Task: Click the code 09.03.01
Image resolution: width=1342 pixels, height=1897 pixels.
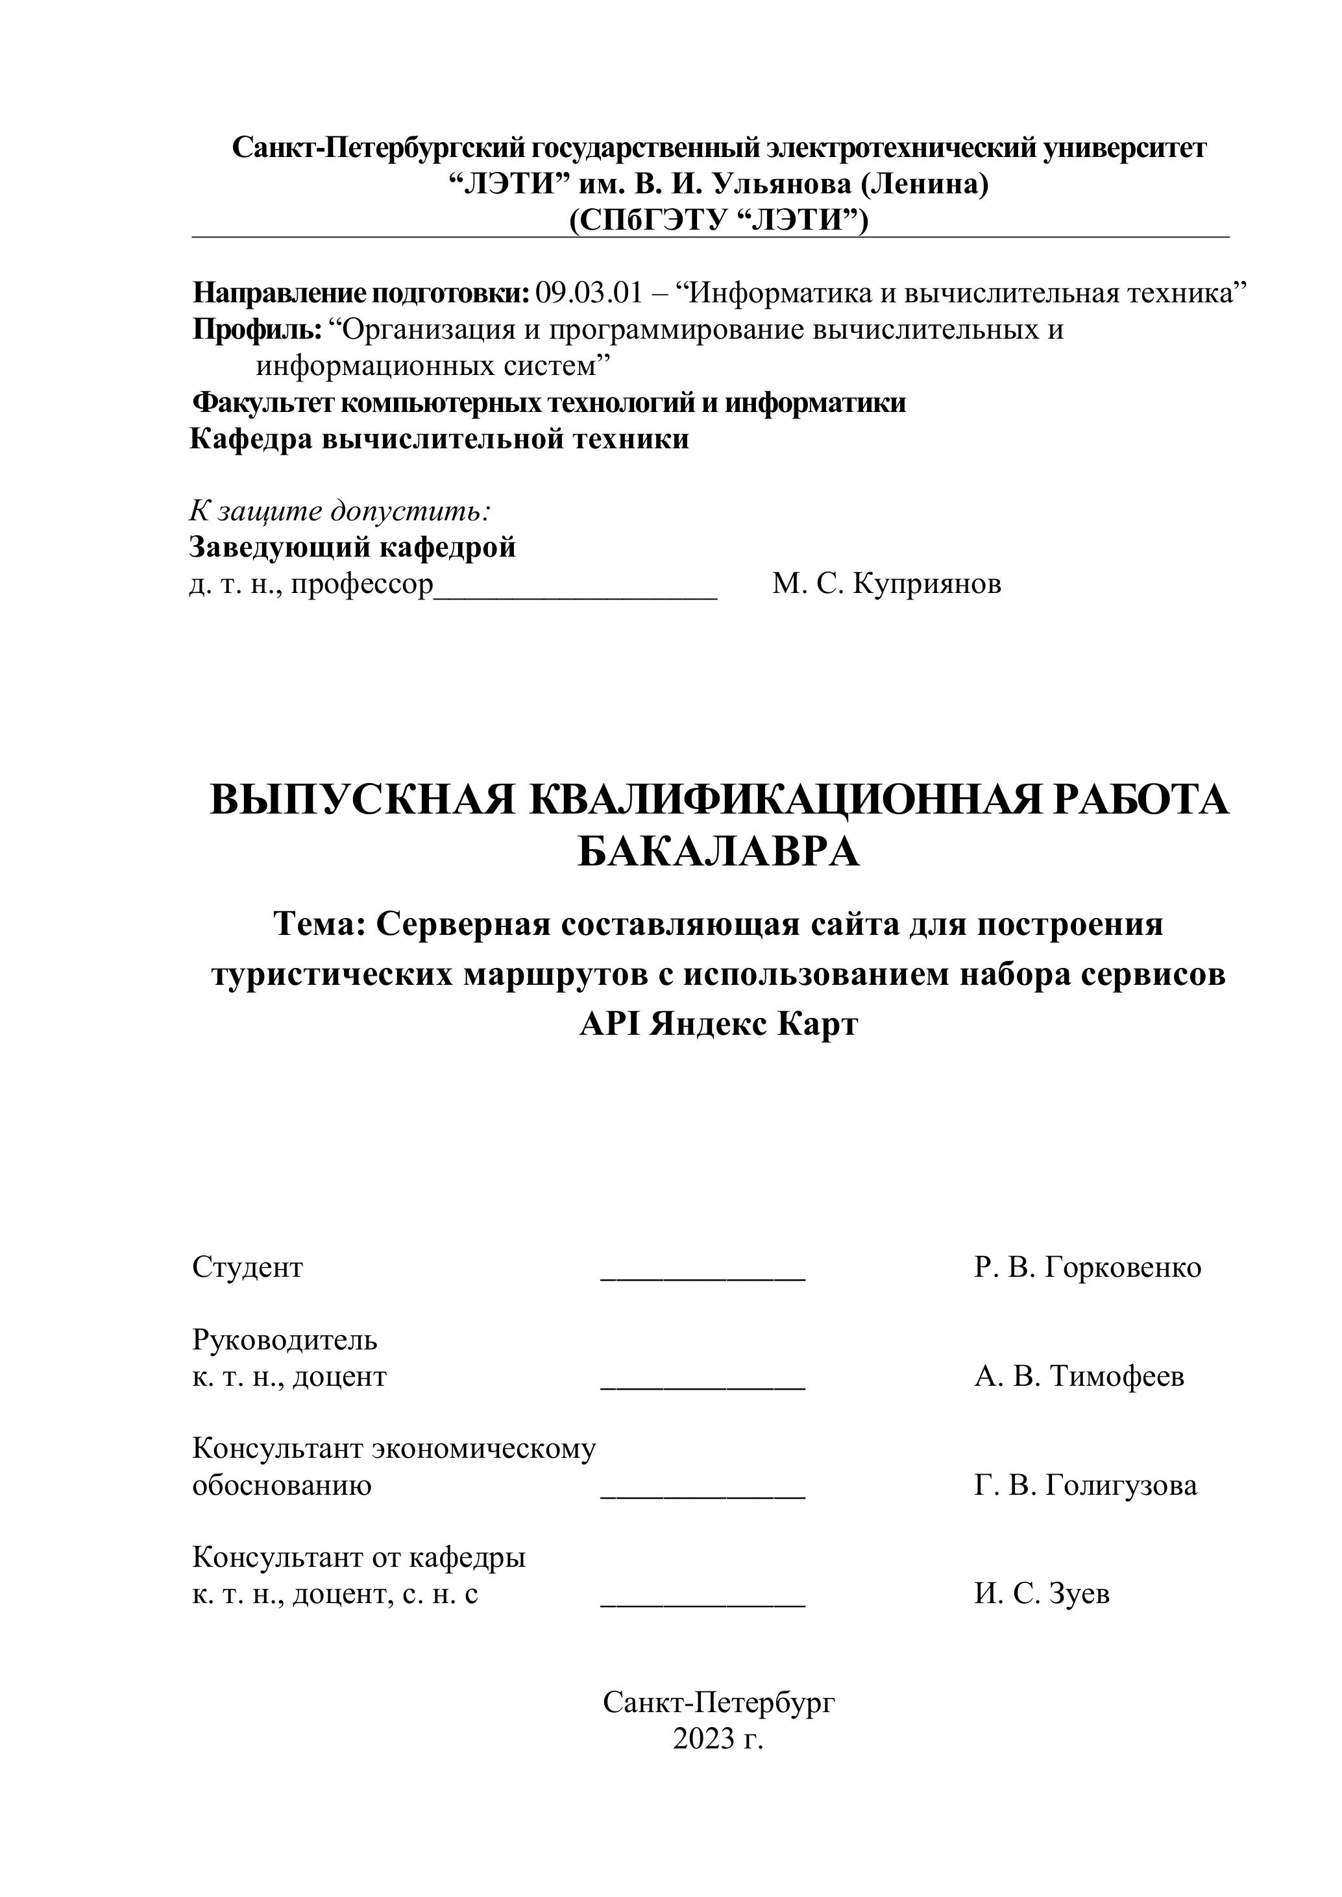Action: tap(589, 293)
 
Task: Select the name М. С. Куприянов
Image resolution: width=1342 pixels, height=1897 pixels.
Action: tap(886, 584)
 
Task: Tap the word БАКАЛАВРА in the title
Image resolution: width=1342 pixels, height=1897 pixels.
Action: tap(718, 852)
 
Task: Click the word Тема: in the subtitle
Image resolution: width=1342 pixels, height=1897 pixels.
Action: tap(320, 924)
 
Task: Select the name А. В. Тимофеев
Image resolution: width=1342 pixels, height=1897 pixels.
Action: tap(1079, 1377)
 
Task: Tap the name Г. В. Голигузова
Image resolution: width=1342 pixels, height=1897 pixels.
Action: tap(1085, 1486)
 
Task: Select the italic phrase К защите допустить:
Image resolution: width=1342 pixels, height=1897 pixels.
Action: tap(341, 511)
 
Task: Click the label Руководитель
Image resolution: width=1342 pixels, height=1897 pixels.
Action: tap(284, 1339)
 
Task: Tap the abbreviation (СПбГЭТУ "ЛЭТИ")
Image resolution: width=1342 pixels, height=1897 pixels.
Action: tap(718, 221)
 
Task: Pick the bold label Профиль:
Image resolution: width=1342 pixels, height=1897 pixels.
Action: tap(257, 330)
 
